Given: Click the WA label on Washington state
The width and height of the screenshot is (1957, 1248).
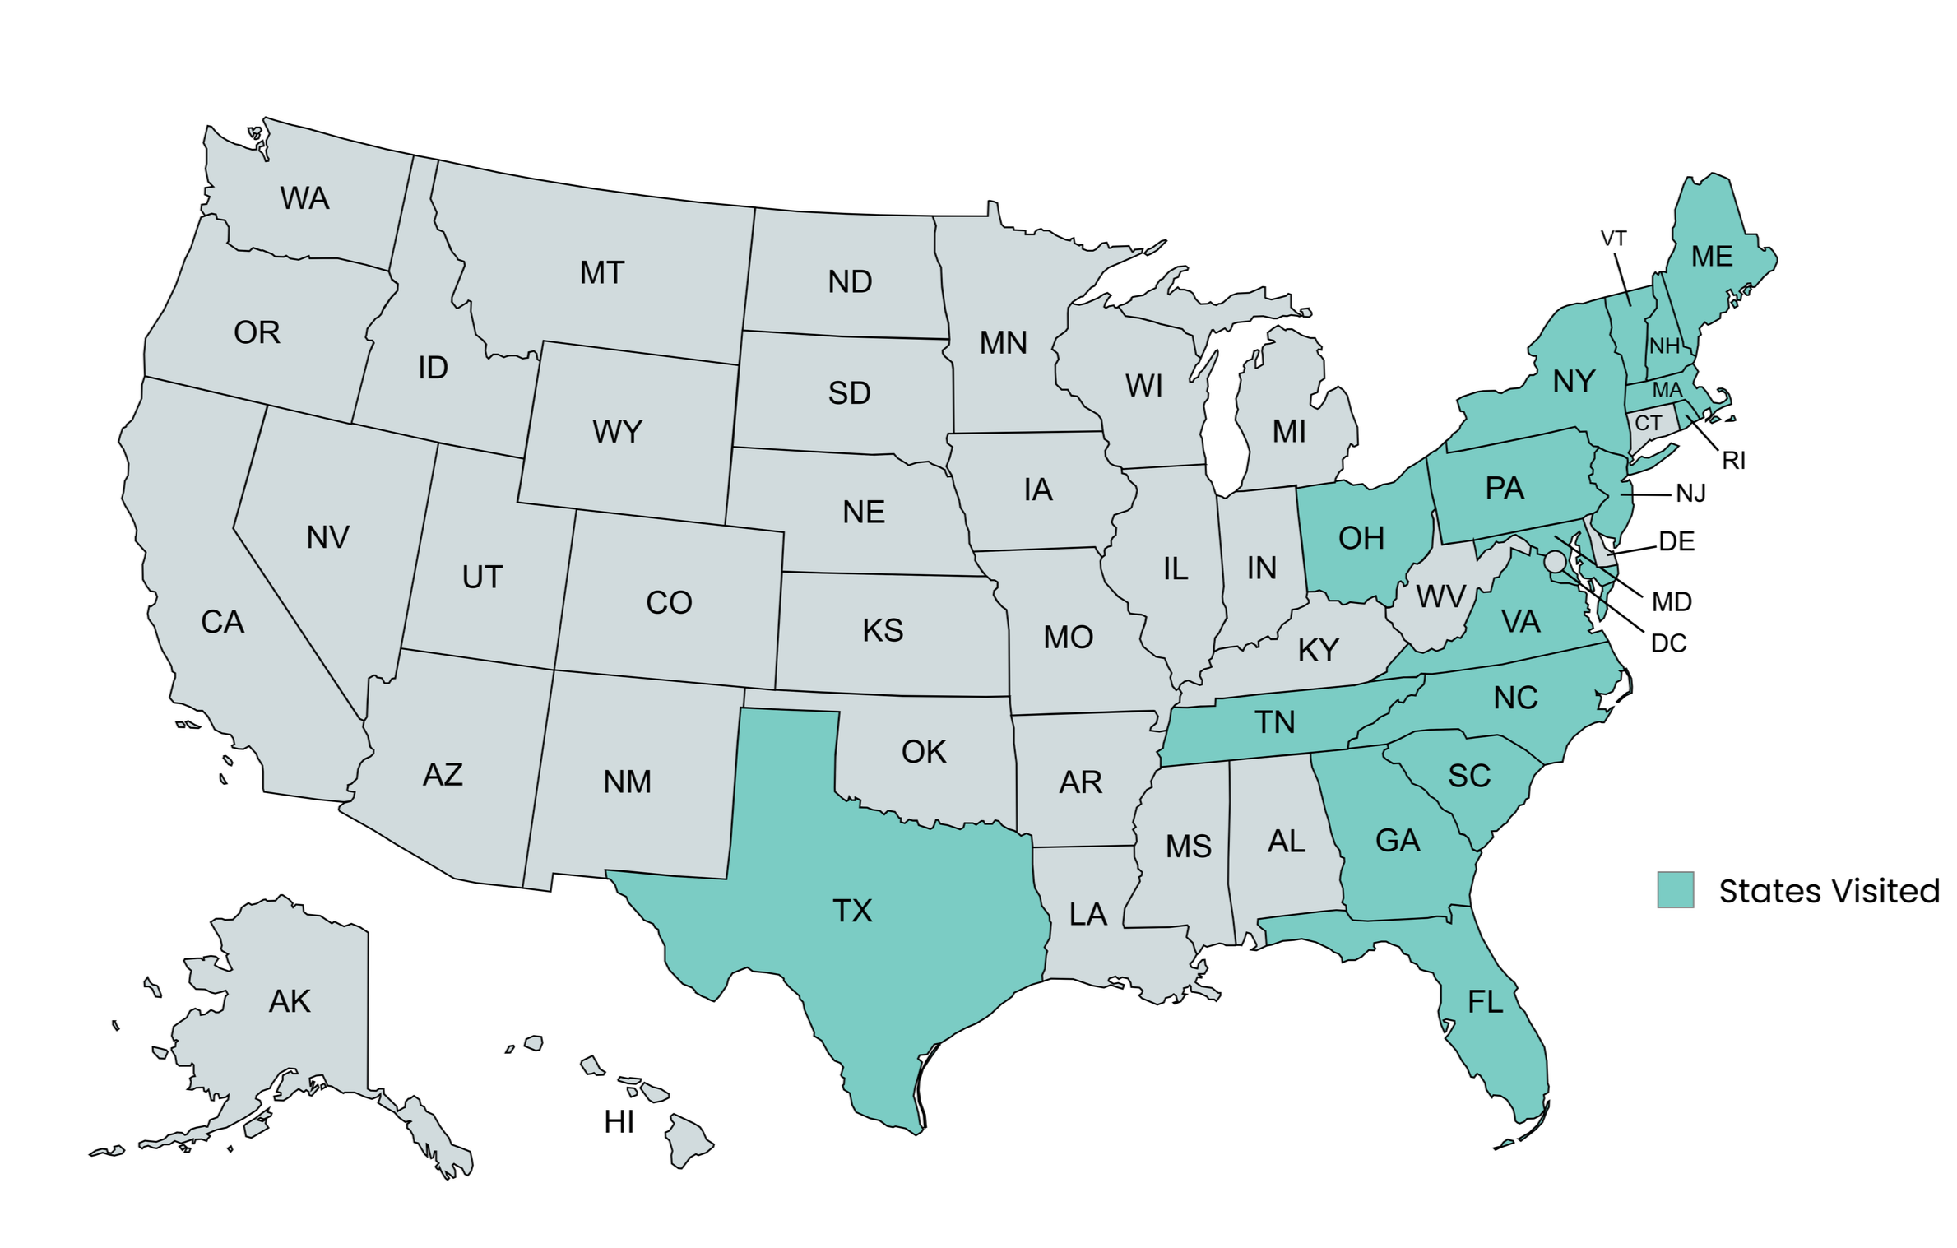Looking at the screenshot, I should tap(304, 198).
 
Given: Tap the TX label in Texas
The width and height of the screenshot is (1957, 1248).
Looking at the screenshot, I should tap(852, 911).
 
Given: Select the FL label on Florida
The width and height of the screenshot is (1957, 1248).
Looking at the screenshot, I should tap(1486, 1001).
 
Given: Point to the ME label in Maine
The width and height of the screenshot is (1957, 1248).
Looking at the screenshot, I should tap(1712, 257).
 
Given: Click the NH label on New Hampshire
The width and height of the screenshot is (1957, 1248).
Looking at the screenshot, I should tap(1664, 346).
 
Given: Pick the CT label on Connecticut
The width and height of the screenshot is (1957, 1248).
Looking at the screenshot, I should tap(1648, 423).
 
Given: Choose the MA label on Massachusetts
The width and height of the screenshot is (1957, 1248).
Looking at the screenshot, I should tap(1667, 389).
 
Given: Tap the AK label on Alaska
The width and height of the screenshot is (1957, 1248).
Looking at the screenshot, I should tap(290, 1001).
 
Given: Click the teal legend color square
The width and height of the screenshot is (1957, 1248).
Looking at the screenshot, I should tap(1675, 890).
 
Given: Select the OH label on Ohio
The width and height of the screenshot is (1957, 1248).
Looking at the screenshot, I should tap(1361, 538).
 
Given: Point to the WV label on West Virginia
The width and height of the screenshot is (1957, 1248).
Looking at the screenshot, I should tap(1440, 596).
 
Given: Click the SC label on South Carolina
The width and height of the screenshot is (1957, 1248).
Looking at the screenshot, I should tap(1469, 776).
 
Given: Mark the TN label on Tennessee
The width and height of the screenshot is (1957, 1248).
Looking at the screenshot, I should tap(1274, 722).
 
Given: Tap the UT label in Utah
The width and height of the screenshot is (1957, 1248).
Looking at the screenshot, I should tap(482, 578).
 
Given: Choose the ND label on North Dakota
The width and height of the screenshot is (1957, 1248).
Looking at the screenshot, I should tap(850, 281).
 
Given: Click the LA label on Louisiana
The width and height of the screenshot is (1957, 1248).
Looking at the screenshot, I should tap(1087, 914).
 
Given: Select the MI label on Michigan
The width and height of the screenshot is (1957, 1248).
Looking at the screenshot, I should tap(1289, 431).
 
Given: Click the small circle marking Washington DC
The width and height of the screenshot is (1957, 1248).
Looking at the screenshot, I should tap(1555, 562).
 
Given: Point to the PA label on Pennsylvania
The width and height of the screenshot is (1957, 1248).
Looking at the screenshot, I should tap(1505, 489).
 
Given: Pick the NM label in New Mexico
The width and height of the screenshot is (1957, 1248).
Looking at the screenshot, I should tap(627, 782).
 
